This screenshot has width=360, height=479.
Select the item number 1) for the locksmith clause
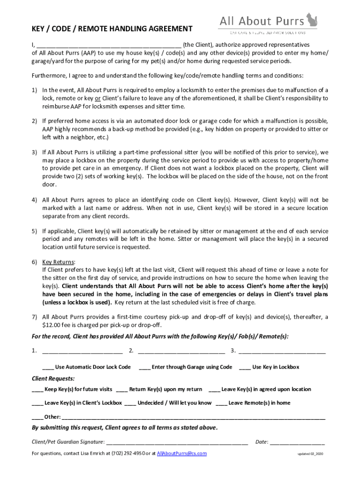tap(35, 90)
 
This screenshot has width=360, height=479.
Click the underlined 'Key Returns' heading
tap(58, 262)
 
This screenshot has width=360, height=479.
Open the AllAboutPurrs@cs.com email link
tap(182, 454)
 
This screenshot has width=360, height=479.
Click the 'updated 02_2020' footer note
tap(311, 455)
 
